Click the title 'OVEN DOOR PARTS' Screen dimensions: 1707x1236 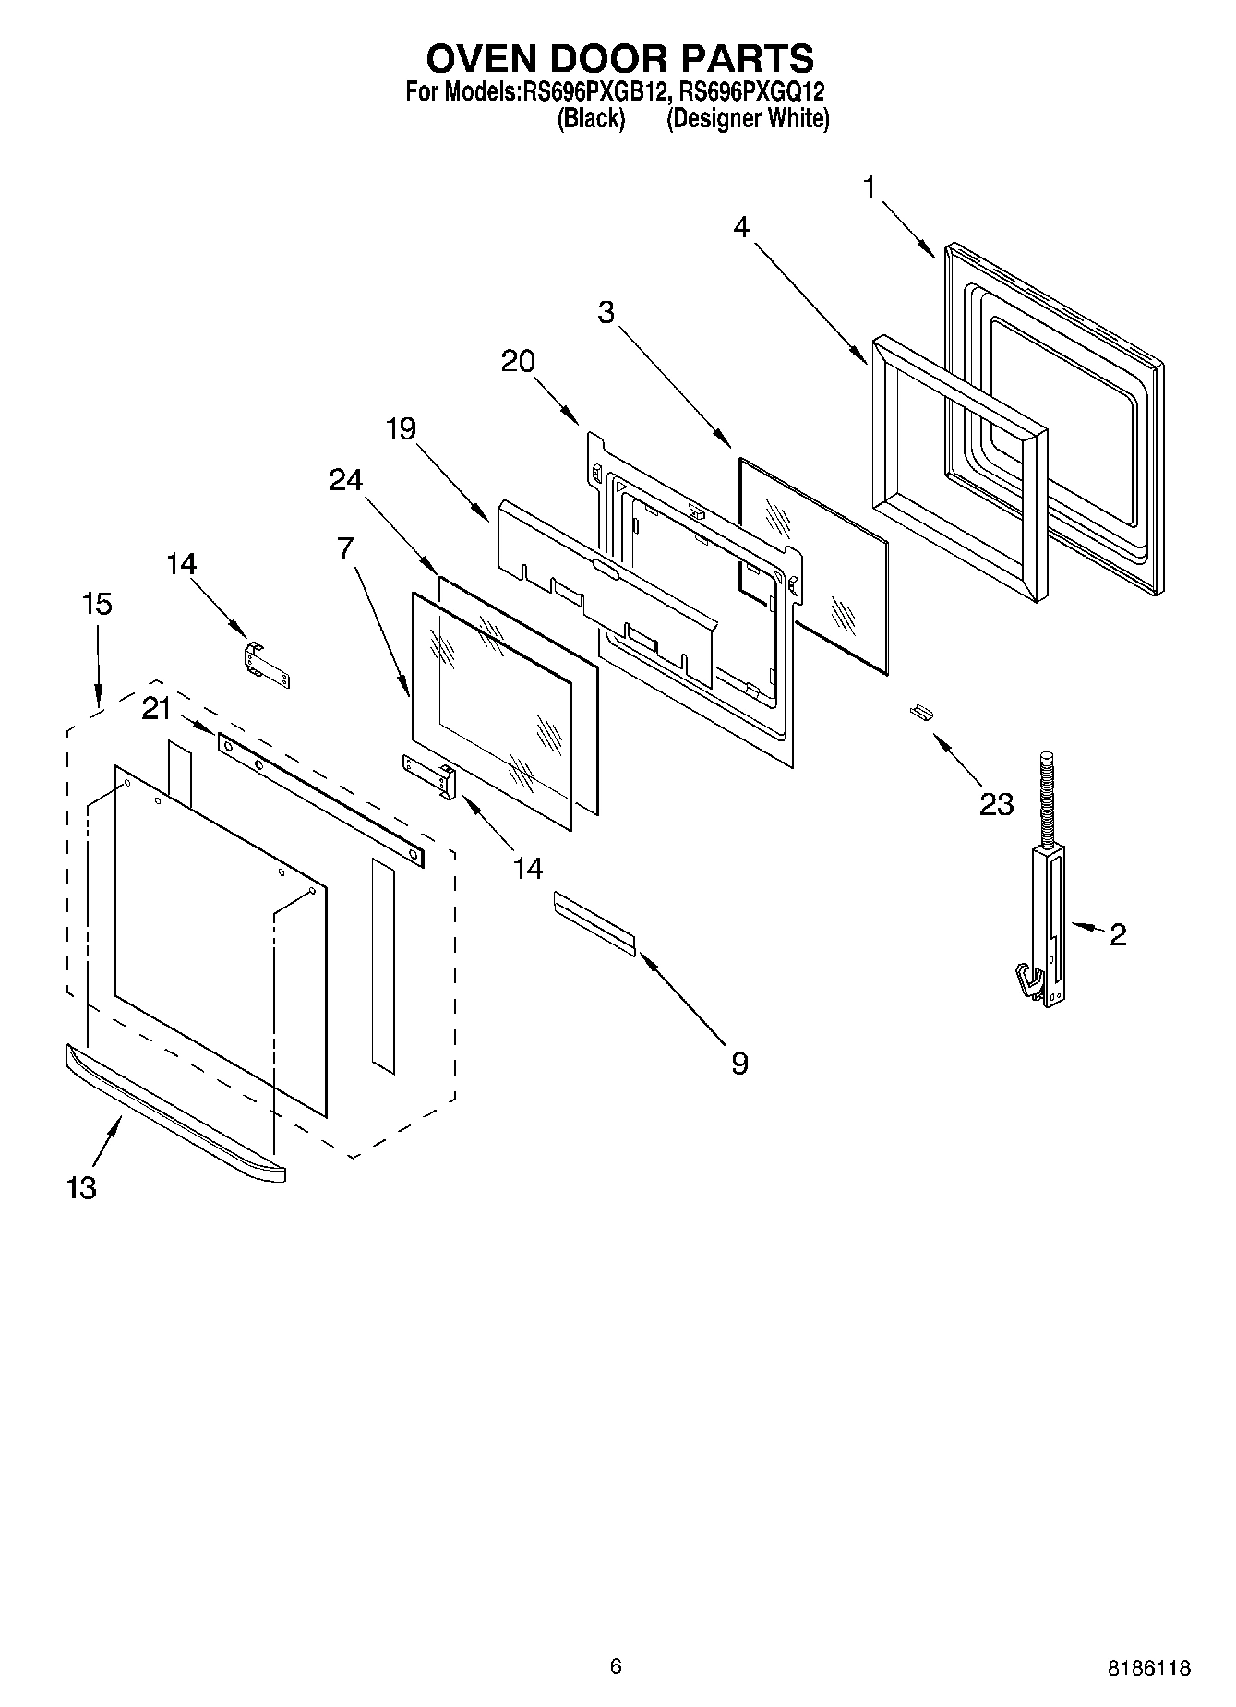(x=619, y=58)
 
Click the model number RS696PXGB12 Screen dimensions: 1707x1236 (x=594, y=92)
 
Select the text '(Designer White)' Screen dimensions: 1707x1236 (x=748, y=118)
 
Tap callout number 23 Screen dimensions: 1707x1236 (x=996, y=804)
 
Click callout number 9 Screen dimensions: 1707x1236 (x=739, y=1064)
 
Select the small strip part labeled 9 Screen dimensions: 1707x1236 (x=594, y=922)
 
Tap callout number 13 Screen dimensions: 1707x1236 (x=81, y=1187)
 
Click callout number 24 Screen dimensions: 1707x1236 (x=346, y=480)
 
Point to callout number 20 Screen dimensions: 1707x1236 (x=518, y=361)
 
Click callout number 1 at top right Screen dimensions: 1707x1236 (x=869, y=187)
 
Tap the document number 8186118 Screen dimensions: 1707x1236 (x=1148, y=1667)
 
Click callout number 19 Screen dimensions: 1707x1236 (x=401, y=428)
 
